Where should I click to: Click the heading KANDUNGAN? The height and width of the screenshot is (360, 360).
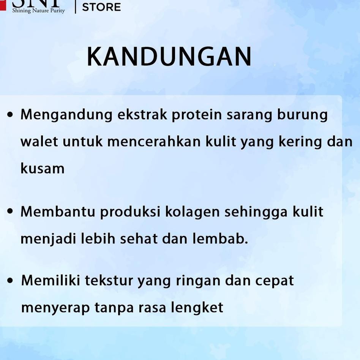[x=169, y=57]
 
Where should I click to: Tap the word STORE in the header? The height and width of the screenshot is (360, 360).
[x=101, y=7]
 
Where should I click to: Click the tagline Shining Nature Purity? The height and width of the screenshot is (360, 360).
[x=39, y=11]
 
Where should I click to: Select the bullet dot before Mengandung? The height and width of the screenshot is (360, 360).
[x=10, y=115]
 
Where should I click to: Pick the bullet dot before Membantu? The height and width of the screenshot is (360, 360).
[x=10, y=211]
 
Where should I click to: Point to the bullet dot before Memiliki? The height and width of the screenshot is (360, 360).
[x=10, y=280]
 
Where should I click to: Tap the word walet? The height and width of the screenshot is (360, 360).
[x=39, y=141]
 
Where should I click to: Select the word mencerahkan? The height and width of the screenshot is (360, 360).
[x=154, y=141]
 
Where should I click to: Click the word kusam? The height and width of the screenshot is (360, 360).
[x=43, y=168]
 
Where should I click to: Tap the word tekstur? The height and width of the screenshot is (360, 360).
[x=109, y=280]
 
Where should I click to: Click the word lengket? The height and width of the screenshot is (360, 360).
[x=197, y=308]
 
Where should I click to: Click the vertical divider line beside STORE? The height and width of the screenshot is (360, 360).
[x=75, y=7]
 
